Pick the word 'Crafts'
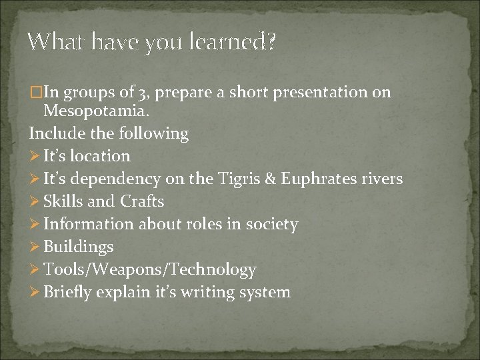142,201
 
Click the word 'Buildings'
79,247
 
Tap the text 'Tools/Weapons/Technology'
150,269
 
